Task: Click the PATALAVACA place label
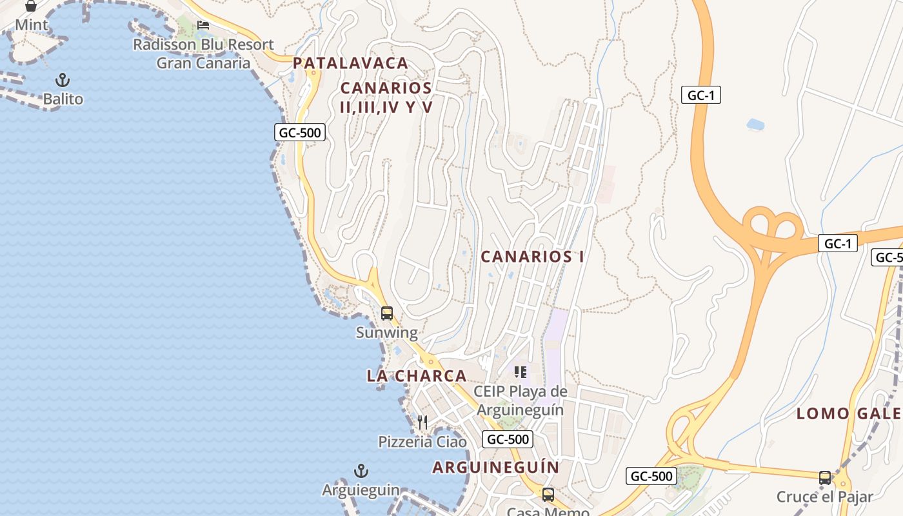pyautogui.click(x=350, y=63)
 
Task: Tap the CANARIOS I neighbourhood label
pyautogui.click(x=532, y=256)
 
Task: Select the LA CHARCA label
pyautogui.click(x=416, y=375)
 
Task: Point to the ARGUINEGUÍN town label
pyautogui.click(x=495, y=467)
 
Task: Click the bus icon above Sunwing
pyautogui.click(x=387, y=313)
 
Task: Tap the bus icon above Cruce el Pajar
pyautogui.click(x=825, y=478)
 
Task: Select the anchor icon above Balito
pyautogui.click(x=63, y=81)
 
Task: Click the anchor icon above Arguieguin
pyautogui.click(x=361, y=471)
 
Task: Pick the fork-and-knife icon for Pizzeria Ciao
pyautogui.click(x=422, y=422)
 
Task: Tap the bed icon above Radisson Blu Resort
pyautogui.click(x=203, y=25)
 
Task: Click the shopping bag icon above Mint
pyautogui.click(x=31, y=6)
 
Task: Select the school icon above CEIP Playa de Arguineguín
pyautogui.click(x=521, y=372)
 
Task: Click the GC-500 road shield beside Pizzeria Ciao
pyautogui.click(x=508, y=439)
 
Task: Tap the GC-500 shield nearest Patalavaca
pyautogui.click(x=300, y=133)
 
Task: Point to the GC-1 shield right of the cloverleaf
pyautogui.click(x=838, y=243)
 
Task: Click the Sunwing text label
pyautogui.click(x=387, y=333)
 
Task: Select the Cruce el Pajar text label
pyautogui.click(x=824, y=497)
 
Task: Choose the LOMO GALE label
pyautogui.click(x=849, y=413)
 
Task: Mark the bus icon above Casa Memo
pyautogui.click(x=548, y=495)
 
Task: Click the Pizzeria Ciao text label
pyautogui.click(x=422, y=442)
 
